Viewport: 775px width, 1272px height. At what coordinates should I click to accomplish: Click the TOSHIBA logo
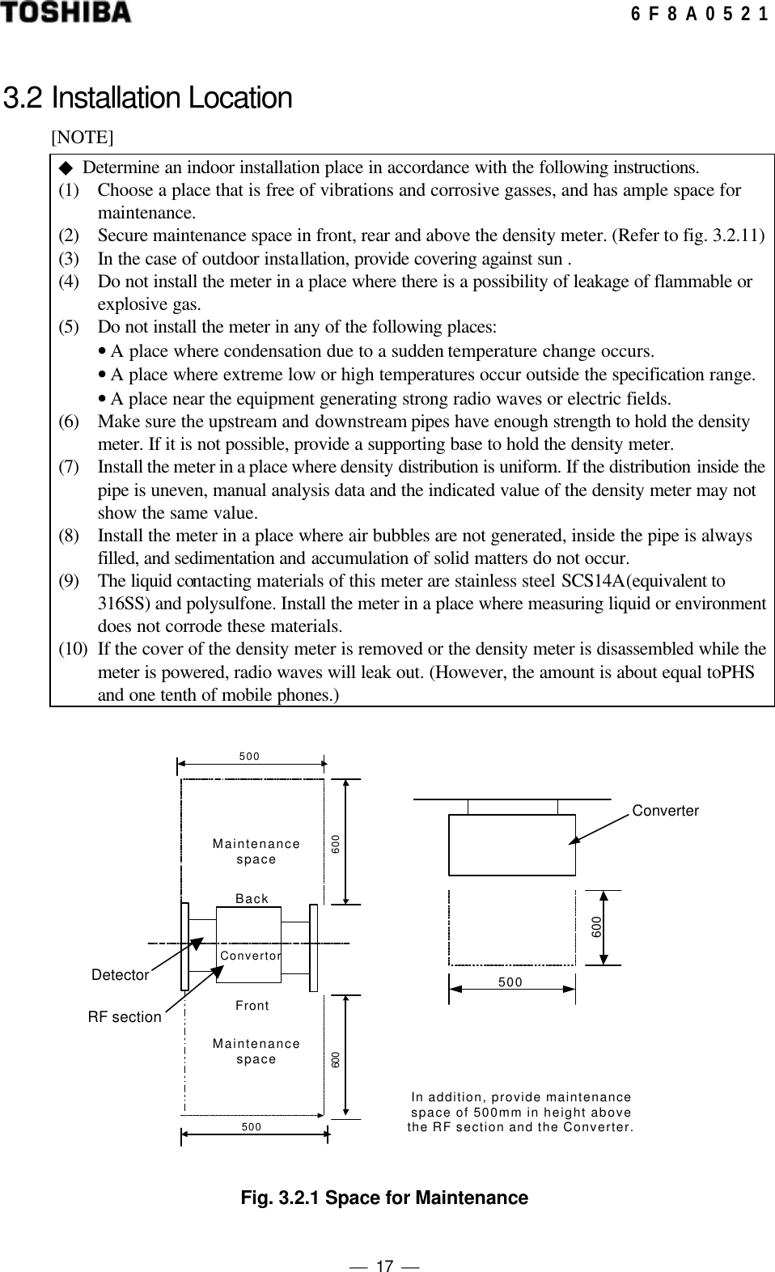[x=66, y=13]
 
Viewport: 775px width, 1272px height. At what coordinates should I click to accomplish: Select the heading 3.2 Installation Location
[x=148, y=98]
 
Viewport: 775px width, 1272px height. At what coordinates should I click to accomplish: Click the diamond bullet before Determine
[x=66, y=167]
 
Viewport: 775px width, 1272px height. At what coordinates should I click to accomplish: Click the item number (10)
[x=73, y=649]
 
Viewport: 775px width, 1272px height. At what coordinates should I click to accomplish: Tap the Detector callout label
[x=120, y=975]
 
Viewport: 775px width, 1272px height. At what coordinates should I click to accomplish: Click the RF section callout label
[x=125, y=1017]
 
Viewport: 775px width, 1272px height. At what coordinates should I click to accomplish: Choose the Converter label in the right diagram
[x=665, y=811]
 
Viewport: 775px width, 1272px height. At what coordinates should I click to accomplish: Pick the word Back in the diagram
[x=252, y=899]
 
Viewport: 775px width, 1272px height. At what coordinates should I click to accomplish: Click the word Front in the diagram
[x=252, y=1006]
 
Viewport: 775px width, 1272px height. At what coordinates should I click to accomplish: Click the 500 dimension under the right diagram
[x=510, y=983]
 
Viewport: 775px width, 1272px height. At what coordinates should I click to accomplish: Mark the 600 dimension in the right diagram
[x=596, y=926]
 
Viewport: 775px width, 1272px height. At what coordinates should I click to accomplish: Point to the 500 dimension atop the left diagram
[x=249, y=757]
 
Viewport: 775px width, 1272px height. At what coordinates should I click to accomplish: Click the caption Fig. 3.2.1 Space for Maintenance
[x=384, y=1198]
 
